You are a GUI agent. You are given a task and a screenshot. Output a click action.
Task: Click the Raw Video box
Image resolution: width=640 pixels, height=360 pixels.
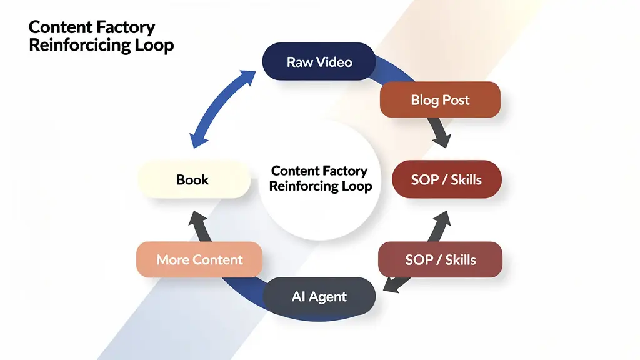(x=319, y=61)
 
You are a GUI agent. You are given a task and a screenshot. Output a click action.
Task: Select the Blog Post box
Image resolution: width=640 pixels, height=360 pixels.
(x=440, y=100)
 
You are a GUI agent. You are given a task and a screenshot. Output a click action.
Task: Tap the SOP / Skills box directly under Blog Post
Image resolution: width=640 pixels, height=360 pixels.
(x=446, y=179)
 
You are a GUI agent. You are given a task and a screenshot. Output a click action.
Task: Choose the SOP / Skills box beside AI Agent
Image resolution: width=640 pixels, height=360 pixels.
(x=440, y=259)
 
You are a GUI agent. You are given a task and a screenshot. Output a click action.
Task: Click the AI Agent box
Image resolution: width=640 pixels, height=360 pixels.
(x=319, y=297)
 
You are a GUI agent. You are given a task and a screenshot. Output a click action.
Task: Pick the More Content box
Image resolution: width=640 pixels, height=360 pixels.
(x=199, y=259)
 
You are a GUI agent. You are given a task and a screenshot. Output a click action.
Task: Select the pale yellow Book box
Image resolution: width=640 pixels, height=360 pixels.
(x=193, y=180)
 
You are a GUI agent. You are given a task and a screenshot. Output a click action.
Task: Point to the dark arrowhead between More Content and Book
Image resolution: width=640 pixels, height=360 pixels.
(x=199, y=220)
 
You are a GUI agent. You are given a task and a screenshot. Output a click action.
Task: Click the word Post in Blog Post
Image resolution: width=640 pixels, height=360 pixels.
(x=456, y=100)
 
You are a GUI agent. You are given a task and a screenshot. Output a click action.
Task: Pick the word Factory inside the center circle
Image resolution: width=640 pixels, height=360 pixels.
(x=345, y=171)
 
